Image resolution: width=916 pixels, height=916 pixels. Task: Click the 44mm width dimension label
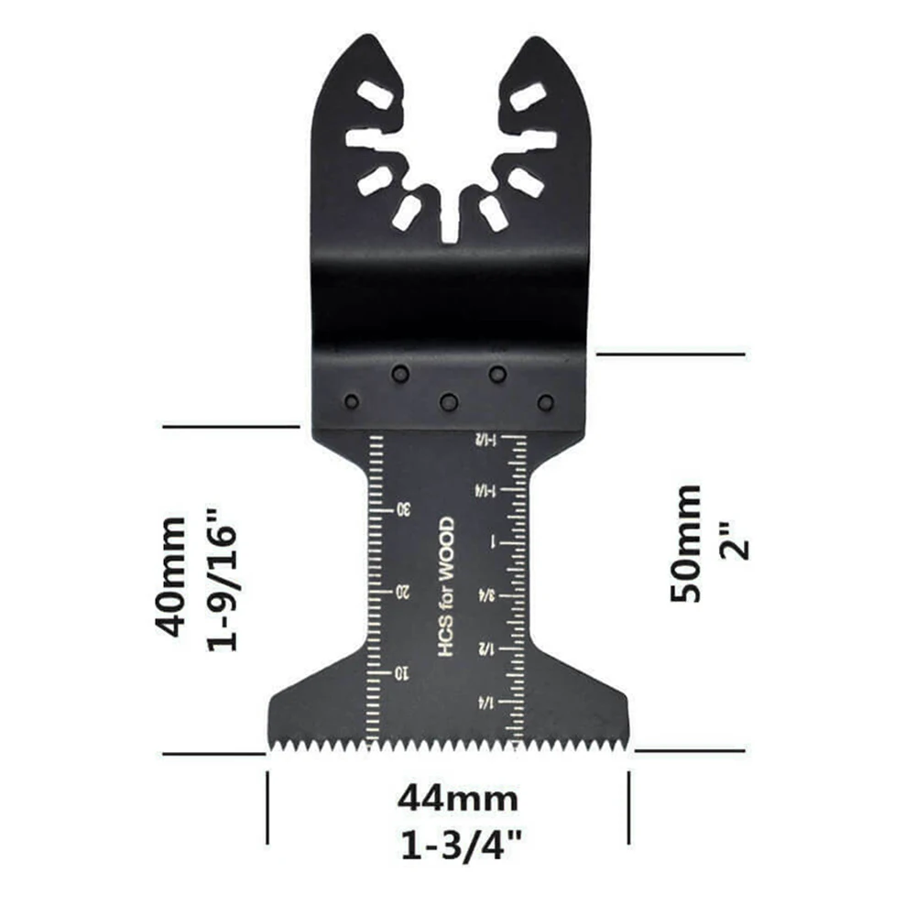click(457, 799)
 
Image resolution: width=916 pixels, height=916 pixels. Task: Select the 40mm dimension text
click(170, 576)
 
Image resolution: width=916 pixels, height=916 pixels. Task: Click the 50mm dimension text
click(684, 542)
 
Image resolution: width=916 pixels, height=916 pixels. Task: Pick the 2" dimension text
click(735, 540)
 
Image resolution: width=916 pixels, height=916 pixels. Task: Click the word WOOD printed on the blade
click(446, 549)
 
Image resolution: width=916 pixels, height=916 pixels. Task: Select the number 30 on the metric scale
click(403, 509)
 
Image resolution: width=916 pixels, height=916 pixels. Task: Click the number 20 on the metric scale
click(403, 592)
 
